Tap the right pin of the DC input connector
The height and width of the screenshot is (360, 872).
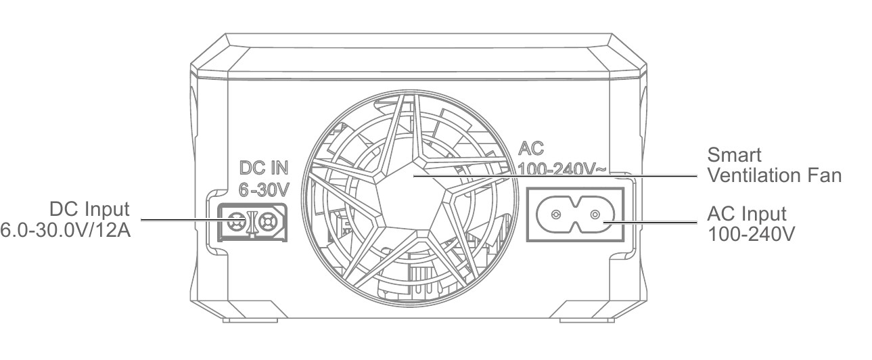coord(267,222)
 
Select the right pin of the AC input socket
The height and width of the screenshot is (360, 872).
coord(595,215)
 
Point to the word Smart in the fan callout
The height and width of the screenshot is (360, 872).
coord(734,155)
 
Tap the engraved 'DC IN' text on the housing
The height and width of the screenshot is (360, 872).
coord(264,168)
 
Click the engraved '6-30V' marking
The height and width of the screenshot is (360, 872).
coord(264,190)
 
